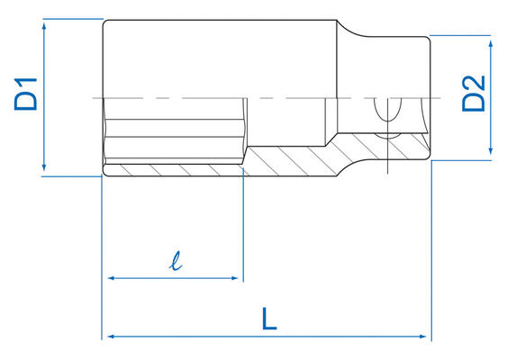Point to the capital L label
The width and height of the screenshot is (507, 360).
coord(268,318)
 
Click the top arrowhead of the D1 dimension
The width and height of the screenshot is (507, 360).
coord(44,26)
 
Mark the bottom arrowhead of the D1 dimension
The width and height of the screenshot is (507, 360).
coord(44,170)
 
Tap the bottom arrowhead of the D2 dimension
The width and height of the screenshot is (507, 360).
coord(491,154)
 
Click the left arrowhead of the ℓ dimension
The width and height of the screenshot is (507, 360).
coord(111,279)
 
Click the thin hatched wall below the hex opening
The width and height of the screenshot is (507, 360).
coord(171,170)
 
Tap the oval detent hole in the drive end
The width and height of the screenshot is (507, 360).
coord(390,114)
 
